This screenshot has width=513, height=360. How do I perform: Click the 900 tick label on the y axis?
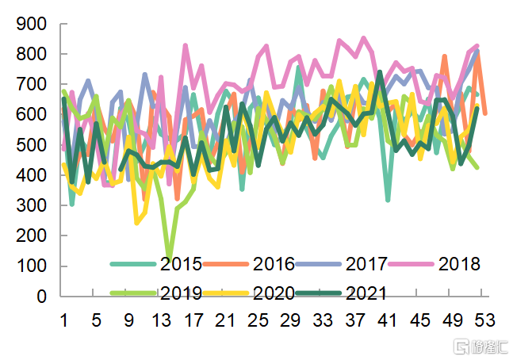point(31,24)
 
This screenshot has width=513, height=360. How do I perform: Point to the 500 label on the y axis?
point(31,145)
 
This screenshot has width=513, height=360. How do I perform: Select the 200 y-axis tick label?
point(31,236)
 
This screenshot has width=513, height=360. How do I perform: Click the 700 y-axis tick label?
point(31,84)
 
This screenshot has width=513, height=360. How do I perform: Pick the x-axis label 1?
point(63,320)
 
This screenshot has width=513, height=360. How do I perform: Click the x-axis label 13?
point(161,320)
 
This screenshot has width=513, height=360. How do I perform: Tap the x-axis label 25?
point(258,320)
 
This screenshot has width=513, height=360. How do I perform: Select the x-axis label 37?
point(355,320)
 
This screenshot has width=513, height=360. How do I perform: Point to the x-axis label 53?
point(484,320)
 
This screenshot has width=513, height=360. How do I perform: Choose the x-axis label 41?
point(388,320)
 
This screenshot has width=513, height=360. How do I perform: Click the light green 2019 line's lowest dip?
point(169,255)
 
